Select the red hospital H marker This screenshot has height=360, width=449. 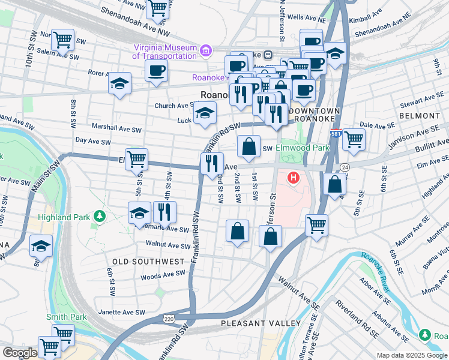tap(294, 178)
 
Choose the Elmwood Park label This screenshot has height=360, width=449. tap(303, 148)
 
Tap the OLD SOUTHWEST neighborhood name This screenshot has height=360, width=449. tap(148, 262)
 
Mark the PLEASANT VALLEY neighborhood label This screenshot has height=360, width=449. tap(261, 323)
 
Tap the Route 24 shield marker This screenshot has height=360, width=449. tap(345, 166)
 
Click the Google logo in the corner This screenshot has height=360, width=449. tap(20, 353)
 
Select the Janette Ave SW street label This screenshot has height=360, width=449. tap(122, 312)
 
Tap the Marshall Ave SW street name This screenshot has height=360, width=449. tap(116, 128)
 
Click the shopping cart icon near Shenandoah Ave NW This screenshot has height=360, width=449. tap(158, 8)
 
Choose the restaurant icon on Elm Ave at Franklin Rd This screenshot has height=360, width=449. tap(211, 164)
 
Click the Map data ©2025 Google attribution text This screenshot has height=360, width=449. tap(411, 355)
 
